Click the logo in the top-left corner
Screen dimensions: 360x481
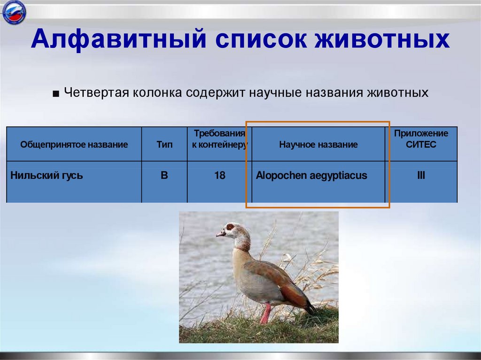14,13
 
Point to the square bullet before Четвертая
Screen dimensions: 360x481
56,93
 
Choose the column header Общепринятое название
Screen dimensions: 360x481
74,145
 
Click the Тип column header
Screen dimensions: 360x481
164,145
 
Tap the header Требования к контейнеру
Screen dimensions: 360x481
219,139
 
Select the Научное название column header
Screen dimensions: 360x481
318,145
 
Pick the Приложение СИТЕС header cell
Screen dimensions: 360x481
421,139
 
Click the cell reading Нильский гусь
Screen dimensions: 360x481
47,176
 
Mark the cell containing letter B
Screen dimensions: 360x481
164,176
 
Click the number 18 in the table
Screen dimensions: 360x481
219,176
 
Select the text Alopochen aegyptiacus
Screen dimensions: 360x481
311,176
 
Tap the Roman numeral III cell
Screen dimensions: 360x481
421,176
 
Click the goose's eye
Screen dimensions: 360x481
231,227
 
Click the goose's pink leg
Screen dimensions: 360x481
265,314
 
